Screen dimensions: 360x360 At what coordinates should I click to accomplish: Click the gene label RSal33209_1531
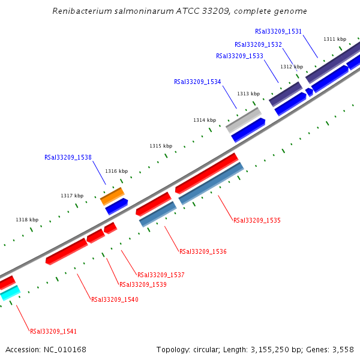click(278, 31)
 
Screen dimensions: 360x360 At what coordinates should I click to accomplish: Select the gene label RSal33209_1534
click(197, 82)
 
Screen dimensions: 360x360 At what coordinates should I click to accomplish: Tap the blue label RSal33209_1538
click(68, 157)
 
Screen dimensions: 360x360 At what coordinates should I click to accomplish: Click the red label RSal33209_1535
click(257, 220)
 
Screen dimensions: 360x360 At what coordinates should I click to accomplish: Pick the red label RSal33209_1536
click(203, 251)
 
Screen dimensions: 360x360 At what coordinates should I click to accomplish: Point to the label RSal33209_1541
click(53, 331)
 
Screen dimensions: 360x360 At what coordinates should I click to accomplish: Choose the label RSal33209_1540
click(115, 299)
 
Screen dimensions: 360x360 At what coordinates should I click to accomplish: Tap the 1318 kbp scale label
click(27, 220)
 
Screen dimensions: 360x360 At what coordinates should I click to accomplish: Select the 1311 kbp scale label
click(334, 39)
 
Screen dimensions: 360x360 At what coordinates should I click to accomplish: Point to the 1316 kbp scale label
click(116, 171)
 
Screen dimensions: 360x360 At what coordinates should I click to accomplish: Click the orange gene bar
click(112, 195)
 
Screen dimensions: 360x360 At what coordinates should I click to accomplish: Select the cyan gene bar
click(10, 293)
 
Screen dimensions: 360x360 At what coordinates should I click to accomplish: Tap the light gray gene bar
click(244, 120)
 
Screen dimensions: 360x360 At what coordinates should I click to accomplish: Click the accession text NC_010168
click(66, 349)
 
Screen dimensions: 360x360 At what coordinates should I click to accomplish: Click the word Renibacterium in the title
click(80, 11)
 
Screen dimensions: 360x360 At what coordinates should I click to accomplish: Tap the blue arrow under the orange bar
click(116, 206)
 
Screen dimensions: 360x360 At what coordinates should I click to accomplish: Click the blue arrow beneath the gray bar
click(248, 130)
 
